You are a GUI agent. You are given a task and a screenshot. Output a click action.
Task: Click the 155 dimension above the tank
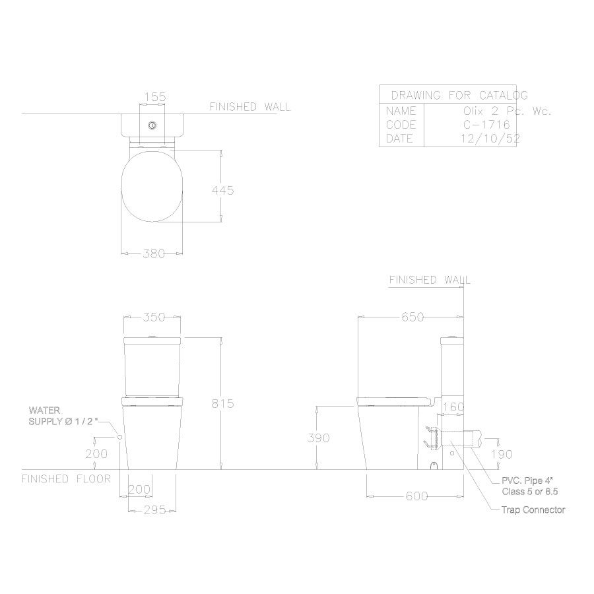(x=154, y=97)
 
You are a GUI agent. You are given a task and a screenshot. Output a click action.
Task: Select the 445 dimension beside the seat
(x=222, y=190)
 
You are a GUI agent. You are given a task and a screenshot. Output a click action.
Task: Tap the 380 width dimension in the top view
(x=153, y=253)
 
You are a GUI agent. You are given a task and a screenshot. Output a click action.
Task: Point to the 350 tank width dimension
(x=153, y=317)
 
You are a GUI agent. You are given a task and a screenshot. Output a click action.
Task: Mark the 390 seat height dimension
(x=318, y=438)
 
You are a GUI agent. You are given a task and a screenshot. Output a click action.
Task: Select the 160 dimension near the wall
(x=453, y=407)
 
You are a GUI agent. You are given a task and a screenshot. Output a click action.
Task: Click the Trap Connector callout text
(x=533, y=510)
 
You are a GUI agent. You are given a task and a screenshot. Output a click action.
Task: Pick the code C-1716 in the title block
(x=488, y=125)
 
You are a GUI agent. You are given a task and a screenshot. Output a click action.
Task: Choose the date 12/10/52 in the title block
(x=488, y=139)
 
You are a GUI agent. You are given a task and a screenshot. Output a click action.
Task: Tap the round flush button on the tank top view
(x=153, y=125)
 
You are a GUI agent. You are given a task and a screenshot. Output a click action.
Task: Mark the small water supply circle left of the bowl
(x=119, y=437)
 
